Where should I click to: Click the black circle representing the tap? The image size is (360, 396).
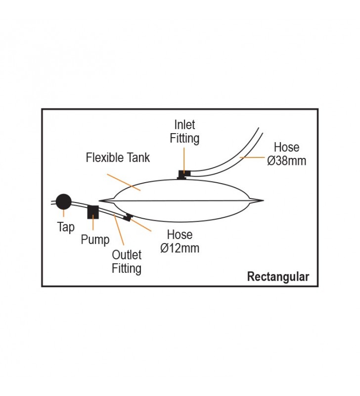point(64,202)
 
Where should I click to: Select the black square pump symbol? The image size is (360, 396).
point(93,212)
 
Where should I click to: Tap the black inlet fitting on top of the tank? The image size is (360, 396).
point(183,175)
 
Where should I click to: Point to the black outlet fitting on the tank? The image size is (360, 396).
point(128,217)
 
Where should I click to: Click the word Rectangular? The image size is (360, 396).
point(278,277)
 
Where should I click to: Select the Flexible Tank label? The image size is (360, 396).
point(118,157)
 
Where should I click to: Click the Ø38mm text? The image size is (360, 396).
point(287,161)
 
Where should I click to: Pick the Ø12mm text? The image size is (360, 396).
point(180,248)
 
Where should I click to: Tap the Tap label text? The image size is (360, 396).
point(66,227)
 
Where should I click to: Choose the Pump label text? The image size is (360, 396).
point(95,240)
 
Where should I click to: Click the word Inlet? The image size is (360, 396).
point(184,125)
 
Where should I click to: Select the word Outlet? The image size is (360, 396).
point(127,255)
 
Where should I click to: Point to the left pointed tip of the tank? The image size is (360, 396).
point(99,201)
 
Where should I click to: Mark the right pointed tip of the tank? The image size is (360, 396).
point(264,201)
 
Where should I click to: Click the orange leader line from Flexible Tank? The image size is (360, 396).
point(124,182)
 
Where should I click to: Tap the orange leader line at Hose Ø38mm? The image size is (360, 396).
point(252,157)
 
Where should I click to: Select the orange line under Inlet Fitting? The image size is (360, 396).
point(184,160)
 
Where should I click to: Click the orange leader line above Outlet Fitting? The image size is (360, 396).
point(119,230)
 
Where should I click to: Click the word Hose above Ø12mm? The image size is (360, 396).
point(180,235)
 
